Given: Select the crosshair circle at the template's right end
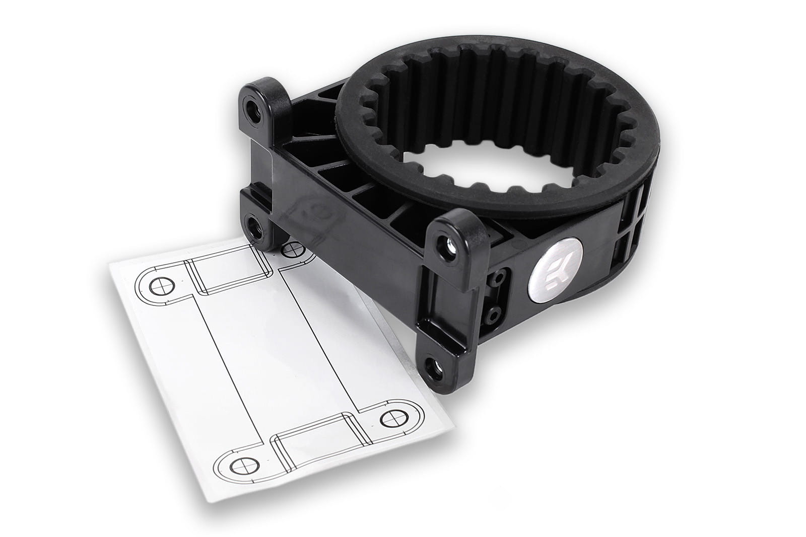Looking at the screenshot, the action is [395, 418].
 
